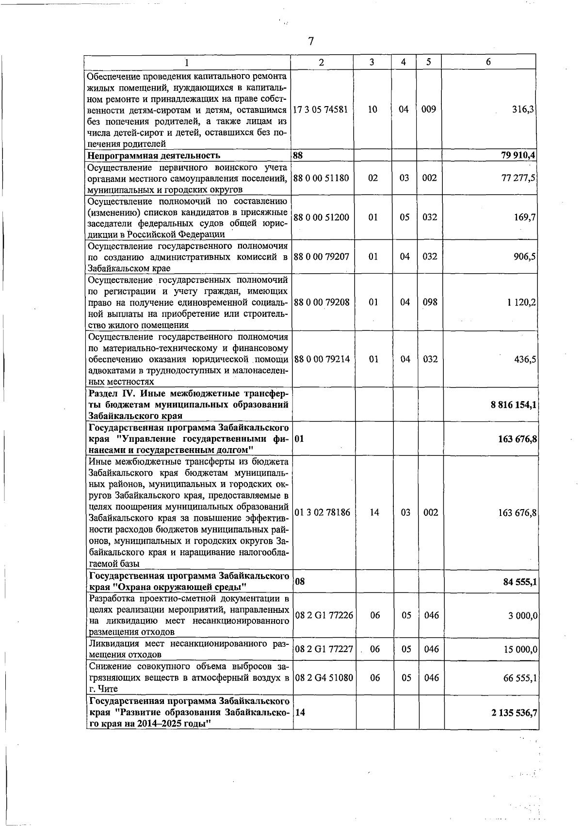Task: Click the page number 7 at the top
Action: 311,42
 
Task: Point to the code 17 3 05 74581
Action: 321,109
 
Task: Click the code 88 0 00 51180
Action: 321,178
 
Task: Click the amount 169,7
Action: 525,218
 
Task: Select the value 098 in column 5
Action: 430,302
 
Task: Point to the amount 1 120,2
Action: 521,302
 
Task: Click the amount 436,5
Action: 525,359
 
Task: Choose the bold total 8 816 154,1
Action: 513,405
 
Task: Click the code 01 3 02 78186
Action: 322,513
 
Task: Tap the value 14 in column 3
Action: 374,513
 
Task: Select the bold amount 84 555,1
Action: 520,582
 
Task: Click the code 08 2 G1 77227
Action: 324,649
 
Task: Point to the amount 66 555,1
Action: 520,678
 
